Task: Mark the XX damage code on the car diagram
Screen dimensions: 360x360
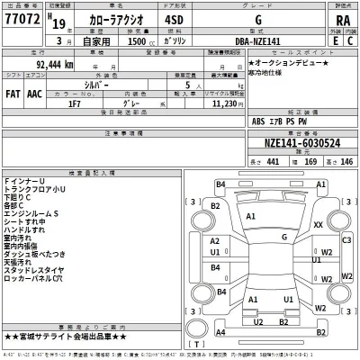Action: pos(319,225)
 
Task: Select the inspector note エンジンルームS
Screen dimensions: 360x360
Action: pos(33,213)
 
